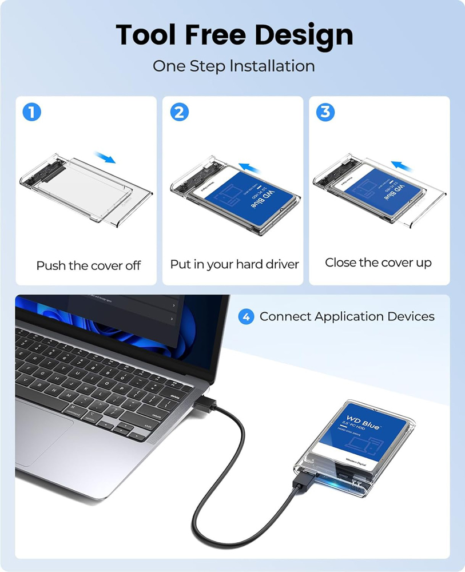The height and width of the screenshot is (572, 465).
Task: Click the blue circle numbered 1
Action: pyautogui.click(x=31, y=112)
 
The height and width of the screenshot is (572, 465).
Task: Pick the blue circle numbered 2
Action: pyautogui.click(x=179, y=112)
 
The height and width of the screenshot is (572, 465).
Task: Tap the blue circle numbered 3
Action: pyautogui.click(x=325, y=112)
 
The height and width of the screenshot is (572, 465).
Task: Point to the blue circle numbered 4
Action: pyautogui.click(x=246, y=316)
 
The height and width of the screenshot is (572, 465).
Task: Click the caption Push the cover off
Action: pyautogui.click(x=88, y=265)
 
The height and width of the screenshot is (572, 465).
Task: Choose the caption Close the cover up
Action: pyautogui.click(x=378, y=263)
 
